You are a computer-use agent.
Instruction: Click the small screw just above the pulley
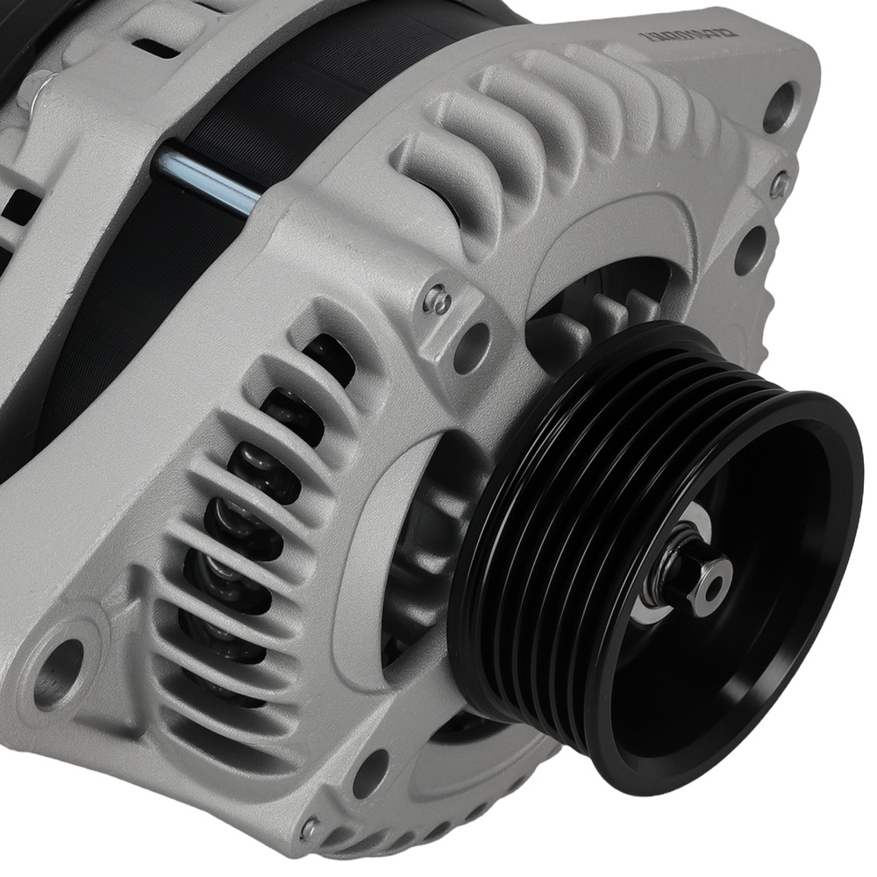[x=438, y=301]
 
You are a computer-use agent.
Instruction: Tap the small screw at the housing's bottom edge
[x=309, y=827]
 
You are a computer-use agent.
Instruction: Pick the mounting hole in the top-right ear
[x=780, y=104]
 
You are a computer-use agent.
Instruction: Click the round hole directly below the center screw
[x=472, y=347]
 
